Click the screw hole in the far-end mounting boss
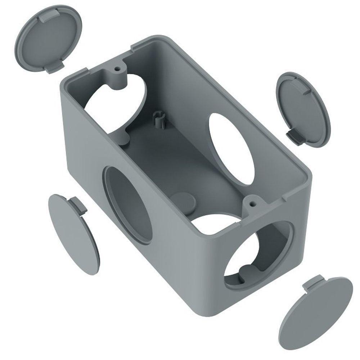click(x=117, y=67)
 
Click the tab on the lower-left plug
click(x=77, y=205)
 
